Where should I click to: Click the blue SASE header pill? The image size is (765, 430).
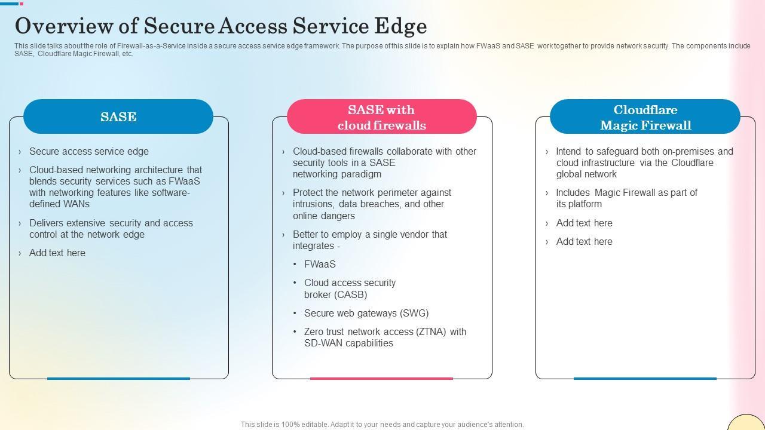click(118, 116)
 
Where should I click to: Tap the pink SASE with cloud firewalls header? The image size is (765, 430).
click(381, 117)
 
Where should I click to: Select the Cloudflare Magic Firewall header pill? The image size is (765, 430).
click(645, 117)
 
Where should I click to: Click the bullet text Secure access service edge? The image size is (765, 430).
click(89, 152)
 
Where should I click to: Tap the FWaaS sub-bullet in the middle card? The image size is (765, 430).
click(320, 265)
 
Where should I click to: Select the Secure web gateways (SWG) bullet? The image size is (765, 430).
click(366, 314)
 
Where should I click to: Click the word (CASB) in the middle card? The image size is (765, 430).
click(351, 295)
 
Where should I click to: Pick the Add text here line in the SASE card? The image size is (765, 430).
click(57, 253)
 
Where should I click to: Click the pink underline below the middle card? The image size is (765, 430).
click(381, 378)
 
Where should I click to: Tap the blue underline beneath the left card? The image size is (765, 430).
click(118, 378)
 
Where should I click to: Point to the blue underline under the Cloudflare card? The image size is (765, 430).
click(645, 378)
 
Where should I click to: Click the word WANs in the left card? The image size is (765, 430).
click(76, 204)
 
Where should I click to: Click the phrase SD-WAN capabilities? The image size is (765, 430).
click(348, 343)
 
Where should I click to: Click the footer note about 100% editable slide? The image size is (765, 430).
click(382, 425)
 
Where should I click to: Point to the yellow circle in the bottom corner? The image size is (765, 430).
click(746, 423)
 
